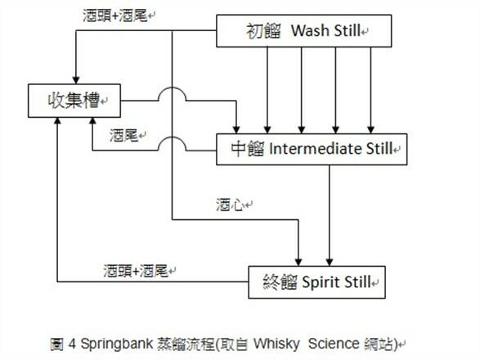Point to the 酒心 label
pyautogui.click(x=231, y=205)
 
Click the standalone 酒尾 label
pyautogui.click(x=124, y=135)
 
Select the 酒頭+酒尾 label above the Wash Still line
pyautogui.click(x=115, y=16)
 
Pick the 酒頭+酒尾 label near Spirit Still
pyautogui.click(x=136, y=271)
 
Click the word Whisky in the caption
pyautogui.click(x=276, y=344)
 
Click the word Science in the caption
pyautogui.click(x=334, y=344)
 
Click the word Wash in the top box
pyautogui.click(x=310, y=30)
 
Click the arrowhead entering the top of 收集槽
pyautogui.click(x=76, y=80)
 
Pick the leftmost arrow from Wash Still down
pyautogui.click(x=267, y=90)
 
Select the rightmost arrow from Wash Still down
pyautogui.click(x=370, y=90)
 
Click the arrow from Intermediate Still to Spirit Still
pyautogui.click(x=330, y=215)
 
